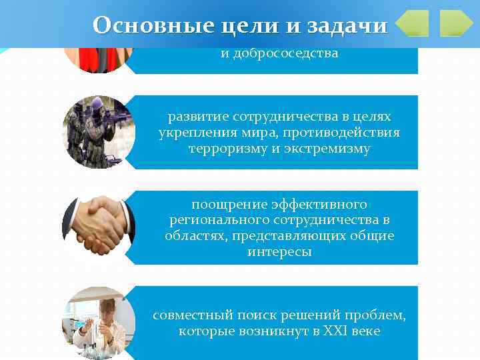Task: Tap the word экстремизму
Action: [328, 148]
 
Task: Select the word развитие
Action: [194, 116]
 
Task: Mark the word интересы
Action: [279, 253]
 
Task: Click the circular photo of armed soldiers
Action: [99, 132]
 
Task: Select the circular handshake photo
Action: [99, 227]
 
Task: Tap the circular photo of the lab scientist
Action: [99, 322]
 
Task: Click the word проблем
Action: [382, 315]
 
